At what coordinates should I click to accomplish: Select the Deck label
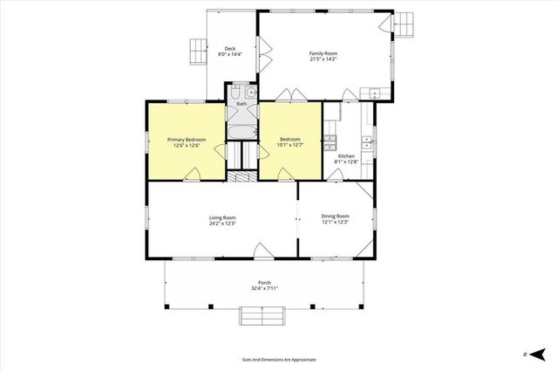[x=230, y=49]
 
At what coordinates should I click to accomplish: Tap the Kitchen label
[x=346, y=156]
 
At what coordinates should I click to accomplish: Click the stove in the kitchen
[x=330, y=139]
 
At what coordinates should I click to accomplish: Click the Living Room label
[x=222, y=217]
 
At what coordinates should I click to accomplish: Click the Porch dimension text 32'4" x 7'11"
[x=264, y=288]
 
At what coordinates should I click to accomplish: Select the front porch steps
[x=264, y=315]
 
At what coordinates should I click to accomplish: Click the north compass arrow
[x=538, y=354]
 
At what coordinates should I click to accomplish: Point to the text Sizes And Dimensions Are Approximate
[x=279, y=359]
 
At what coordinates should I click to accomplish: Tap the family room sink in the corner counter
[x=374, y=93]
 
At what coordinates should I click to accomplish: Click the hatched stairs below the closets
[x=242, y=176]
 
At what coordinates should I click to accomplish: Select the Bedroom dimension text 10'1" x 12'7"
[x=290, y=145]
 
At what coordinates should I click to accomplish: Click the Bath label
[x=242, y=104]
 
